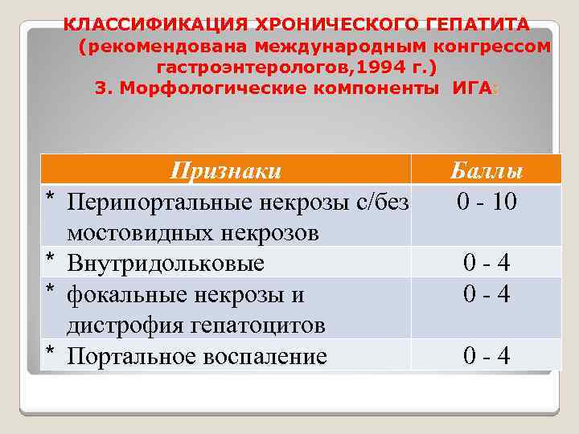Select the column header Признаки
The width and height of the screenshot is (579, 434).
click(x=226, y=170)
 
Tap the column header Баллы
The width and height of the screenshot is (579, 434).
click(x=486, y=171)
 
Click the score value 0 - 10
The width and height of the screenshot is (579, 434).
click(x=486, y=201)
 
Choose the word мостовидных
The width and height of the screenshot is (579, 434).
click(x=138, y=232)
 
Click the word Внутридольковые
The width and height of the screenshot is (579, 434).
click(x=166, y=263)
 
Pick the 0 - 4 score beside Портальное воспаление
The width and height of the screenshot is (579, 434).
click(x=486, y=356)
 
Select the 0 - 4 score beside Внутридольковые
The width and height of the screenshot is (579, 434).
click(x=486, y=263)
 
